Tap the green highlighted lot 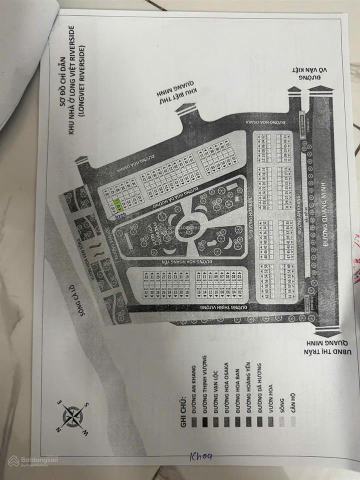point(118,205)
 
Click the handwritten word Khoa point(200,456)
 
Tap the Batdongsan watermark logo point(33,460)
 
